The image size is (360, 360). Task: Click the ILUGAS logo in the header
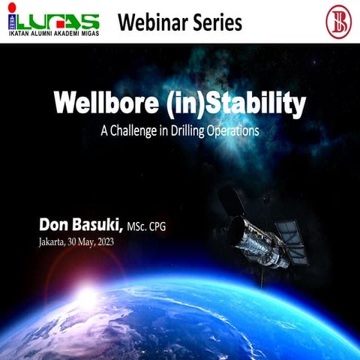(x=52, y=20)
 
